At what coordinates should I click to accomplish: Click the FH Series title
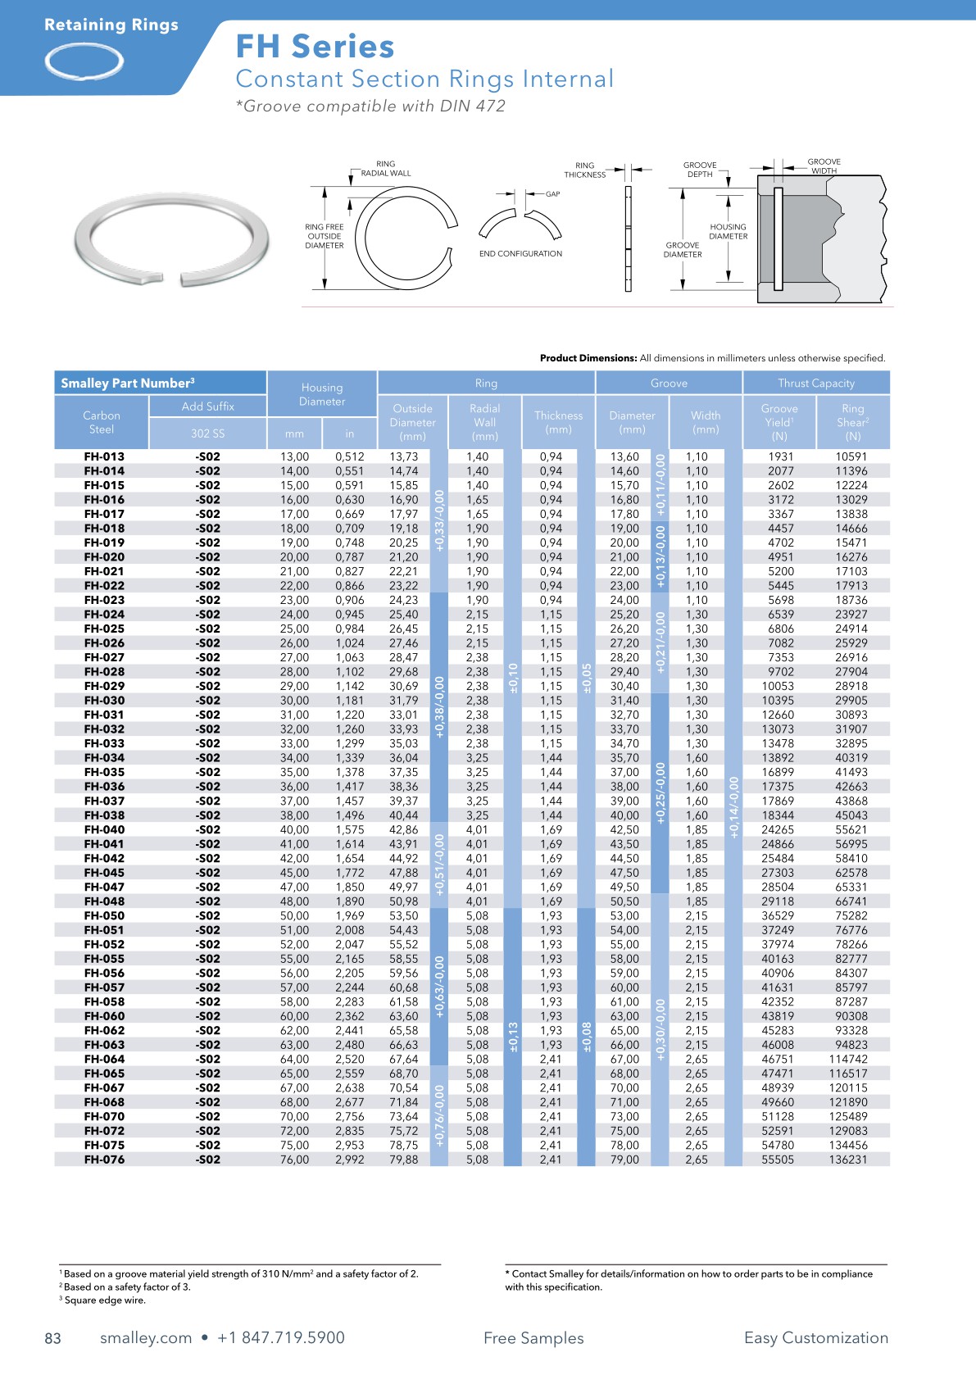click(315, 47)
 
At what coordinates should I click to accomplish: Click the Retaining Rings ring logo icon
click(84, 61)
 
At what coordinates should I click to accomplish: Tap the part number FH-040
click(104, 829)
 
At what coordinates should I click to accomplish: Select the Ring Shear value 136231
click(851, 1160)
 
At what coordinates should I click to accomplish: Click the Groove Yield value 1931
click(780, 456)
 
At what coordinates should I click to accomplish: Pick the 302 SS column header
click(207, 433)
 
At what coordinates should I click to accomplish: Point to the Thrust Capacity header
click(815, 383)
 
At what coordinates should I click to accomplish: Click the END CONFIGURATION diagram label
click(520, 254)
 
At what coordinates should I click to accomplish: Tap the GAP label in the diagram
click(553, 194)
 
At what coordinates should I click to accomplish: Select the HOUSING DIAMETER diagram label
click(728, 232)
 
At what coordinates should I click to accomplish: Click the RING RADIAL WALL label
click(386, 169)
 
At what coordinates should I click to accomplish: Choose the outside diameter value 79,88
click(404, 1160)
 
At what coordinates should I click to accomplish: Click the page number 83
click(52, 1338)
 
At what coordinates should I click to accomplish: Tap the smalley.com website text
click(146, 1338)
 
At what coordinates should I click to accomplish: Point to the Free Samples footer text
click(533, 1338)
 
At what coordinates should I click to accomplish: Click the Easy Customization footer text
click(815, 1338)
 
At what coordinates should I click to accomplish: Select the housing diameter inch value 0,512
click(349, 456)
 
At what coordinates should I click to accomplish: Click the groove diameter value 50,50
click(624, 901)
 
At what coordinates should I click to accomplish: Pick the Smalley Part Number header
click(128, 383)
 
